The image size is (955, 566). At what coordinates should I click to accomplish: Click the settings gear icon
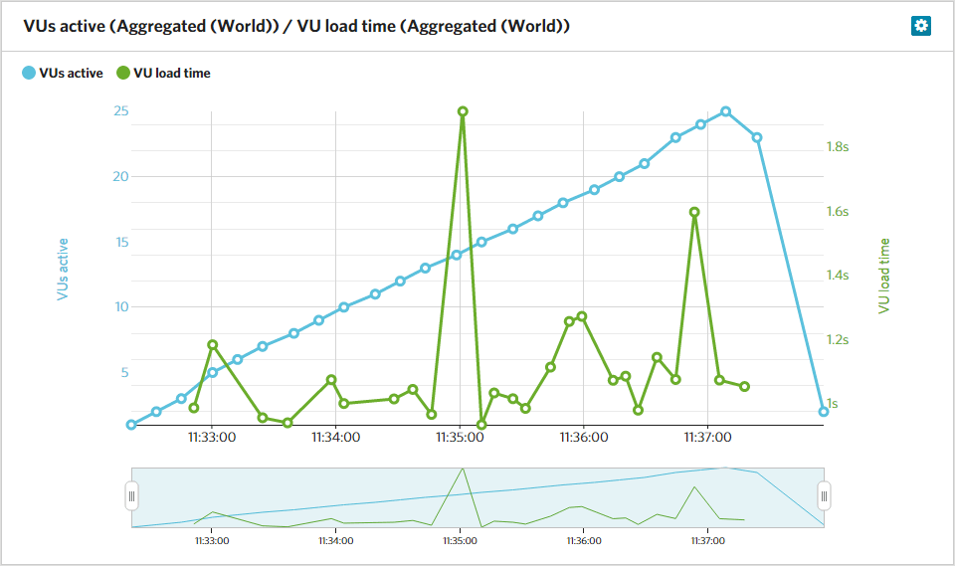pos(921,26)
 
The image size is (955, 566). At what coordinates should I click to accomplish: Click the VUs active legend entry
pos(63,73)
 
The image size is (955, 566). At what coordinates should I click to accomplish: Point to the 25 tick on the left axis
pos(120,110)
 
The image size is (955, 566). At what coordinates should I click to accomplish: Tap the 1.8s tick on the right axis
pos(837,147)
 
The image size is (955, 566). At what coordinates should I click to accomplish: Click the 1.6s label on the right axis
pos(837,212)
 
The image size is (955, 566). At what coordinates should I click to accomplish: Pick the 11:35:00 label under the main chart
pos(460,436)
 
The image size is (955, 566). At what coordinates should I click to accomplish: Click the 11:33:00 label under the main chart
pos(211,436)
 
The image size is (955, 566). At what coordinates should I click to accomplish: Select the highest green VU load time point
pos(463,112)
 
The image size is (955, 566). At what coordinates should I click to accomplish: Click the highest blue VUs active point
pos(726,112)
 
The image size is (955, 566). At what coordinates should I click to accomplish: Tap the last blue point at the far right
pos(824,412)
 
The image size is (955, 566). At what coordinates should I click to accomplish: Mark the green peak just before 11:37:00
pos(694,212)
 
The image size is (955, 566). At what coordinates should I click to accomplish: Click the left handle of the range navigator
pos(131,494)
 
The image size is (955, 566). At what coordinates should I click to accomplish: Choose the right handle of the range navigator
pos(824,494)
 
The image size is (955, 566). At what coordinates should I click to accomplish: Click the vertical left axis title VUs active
pos(63,269)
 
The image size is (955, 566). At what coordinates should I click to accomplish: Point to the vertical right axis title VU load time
pos(883,276)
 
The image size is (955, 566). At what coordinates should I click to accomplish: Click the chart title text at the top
pos(296,27)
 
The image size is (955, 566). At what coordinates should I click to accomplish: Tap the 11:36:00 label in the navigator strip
pos(584,541)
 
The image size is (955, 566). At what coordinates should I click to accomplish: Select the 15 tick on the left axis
pos(122,242)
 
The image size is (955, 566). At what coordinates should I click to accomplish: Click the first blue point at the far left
pos(131,425)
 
